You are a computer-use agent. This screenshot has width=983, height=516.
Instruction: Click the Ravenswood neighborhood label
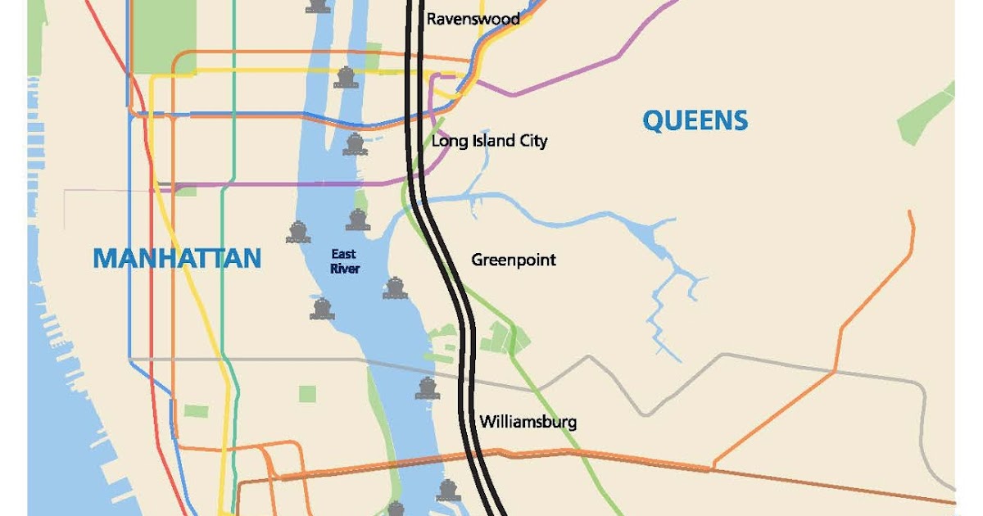[x=473, y=18]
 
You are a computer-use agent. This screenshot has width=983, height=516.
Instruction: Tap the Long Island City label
[x=489, y=141]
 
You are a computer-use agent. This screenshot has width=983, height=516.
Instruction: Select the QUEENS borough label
[x=695, y=120]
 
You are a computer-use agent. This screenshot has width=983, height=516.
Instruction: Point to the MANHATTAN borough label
[x=177, y=258]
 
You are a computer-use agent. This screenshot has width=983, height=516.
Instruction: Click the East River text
[x=345, y=261]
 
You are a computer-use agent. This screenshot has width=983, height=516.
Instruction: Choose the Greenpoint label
[x=513, y=260]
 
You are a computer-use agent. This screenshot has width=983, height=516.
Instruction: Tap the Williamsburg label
[x=528, y=422]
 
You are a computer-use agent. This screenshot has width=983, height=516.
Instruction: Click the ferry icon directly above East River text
[x=357, y=220]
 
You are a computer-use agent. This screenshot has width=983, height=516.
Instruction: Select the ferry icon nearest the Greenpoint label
[x=395, y=287]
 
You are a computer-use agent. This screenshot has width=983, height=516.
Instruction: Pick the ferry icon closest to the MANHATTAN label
[x=298, y=233]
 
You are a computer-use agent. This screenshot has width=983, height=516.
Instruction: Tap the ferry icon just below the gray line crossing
[x=427, y=388]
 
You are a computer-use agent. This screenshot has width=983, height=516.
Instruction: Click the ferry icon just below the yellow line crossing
[x=346, y=78]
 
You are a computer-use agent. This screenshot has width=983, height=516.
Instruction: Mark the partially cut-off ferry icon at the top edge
[x=319, y=6]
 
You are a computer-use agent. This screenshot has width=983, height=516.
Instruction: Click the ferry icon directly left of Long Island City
[x=355, y=144]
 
